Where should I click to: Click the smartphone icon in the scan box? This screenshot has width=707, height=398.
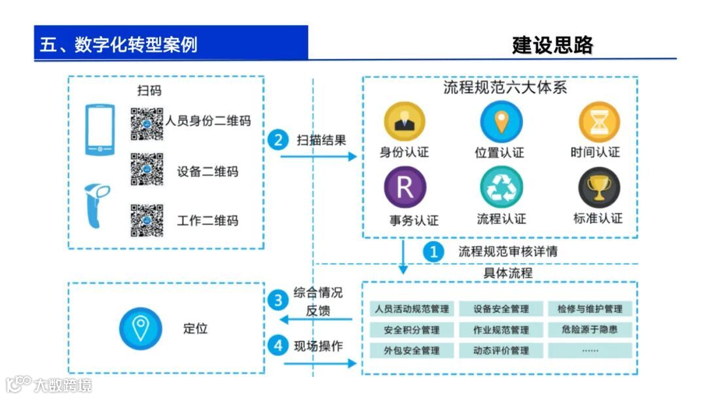click(100, 130)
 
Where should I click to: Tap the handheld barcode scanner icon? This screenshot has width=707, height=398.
click(97, 206)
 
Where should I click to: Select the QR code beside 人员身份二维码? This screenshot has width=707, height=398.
click(147, 122)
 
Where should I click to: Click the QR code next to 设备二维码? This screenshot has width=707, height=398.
click(147, 170)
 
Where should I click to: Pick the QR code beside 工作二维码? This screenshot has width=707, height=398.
click(147, 220)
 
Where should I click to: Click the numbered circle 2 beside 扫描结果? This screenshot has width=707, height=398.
click(279, 139)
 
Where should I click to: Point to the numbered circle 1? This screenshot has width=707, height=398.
click(433, 251)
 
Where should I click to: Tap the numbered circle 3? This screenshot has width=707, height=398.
click(279, 300)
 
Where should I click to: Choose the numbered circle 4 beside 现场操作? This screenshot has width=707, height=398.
click(279, 346)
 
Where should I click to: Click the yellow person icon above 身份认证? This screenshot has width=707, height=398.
click(404, 122)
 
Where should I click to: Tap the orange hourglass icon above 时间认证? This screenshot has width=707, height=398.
click(598, 122)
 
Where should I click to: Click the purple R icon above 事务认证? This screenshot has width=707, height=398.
click(405, 188)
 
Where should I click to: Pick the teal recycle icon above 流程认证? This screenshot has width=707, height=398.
click(501, 188)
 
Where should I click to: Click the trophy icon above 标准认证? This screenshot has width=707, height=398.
click(598, 188)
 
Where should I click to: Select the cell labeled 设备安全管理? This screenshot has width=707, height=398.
click(501, 309)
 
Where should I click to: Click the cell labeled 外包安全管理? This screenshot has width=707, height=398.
click(412, 350)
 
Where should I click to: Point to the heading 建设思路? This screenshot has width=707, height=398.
click(553, 45)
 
